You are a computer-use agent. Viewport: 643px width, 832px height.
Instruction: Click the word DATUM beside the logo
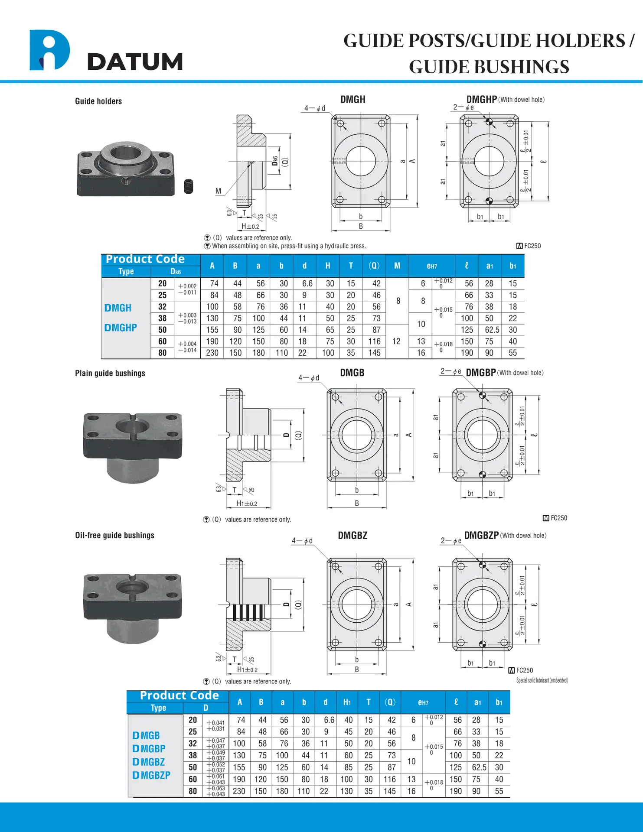click(135, 62)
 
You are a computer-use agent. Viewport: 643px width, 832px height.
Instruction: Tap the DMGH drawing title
click(353, 100)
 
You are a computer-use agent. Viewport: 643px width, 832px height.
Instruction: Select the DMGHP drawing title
click(481, 100)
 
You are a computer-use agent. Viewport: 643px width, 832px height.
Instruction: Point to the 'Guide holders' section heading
click(98, 101)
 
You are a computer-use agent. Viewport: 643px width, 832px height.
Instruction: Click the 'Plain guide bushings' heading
click(110, 373)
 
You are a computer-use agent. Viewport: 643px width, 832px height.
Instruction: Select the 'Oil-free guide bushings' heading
click(114, 535)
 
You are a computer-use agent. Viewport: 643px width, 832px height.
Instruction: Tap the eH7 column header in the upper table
click(432, 266)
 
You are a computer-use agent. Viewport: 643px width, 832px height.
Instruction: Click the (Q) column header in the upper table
click(374, 266)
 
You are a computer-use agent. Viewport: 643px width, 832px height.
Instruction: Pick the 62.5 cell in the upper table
click(492, 330)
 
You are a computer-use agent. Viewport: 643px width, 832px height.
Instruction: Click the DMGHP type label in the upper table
click(121, 328)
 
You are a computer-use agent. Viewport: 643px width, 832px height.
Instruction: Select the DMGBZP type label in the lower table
click(151, 775)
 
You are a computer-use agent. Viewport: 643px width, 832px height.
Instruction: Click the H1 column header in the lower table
click(347, 702)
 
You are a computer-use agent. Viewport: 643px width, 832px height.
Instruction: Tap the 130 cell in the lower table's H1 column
click(346, 791)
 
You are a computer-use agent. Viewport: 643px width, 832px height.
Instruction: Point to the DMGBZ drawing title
click(353, 536)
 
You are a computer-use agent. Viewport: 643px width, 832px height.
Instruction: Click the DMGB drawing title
click(352, 373)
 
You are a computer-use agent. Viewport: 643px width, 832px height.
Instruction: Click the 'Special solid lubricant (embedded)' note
click(542, 680)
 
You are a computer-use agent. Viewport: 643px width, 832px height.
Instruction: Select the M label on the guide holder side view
click(218, 191)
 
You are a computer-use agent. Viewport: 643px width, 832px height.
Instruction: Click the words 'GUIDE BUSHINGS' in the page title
click(489, 67)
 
